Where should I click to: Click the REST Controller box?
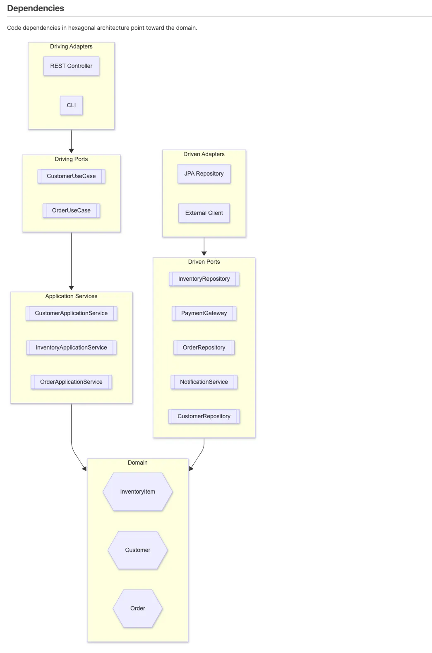[x=71, y=66]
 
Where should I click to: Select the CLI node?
[x=71, y=105]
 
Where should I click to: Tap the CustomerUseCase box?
[x=71, y=176]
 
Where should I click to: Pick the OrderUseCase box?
[x=71, y=210]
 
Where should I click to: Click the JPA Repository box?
[x=204, y=173]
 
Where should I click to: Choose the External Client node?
[x=204, y=213]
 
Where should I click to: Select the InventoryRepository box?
[x=204, y=279]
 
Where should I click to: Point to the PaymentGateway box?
[x=204, y=313]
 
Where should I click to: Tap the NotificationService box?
[x=204, y=382]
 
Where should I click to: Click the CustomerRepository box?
[x=204, y=416]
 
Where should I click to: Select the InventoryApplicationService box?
[x=71, y=347]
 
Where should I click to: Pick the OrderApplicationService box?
[x=71, y=382]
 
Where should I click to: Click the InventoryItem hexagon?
[x=138, y=492]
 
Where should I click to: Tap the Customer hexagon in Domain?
[x=138, y=550]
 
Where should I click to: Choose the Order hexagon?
[x=138, y=608]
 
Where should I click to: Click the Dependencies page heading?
[x=36, y=8]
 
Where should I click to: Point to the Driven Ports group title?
[x=204, y=262]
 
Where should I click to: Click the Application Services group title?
[x=71, y=296]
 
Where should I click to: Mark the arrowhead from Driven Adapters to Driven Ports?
[x=204, y=253]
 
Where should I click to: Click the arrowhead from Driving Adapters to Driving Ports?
[x=71, y=151]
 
